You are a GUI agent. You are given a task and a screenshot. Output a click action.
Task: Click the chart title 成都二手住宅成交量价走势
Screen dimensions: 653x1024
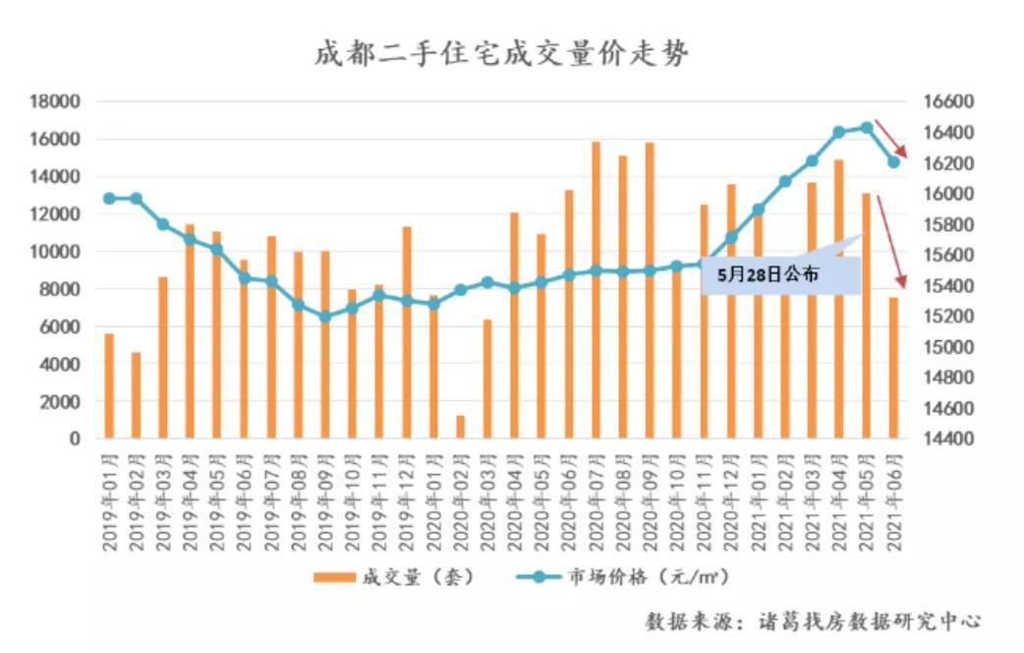coord(501,53)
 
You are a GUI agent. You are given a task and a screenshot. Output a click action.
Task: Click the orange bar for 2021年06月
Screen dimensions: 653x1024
coord(893,368)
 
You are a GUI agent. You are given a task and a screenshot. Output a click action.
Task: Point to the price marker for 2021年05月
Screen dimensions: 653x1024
coord(867,127)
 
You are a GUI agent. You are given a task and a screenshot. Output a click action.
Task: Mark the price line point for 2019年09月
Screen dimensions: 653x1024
coord(325,317)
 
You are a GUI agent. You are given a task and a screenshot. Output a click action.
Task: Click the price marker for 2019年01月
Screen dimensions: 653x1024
coord(109,199)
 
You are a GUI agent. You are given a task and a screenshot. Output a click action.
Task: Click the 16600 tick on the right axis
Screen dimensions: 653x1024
coord(946,101)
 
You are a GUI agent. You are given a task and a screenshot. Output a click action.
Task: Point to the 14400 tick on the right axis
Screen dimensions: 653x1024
coord(946,439)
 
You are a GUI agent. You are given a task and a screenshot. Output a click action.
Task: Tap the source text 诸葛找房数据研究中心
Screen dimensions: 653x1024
coord(870,622)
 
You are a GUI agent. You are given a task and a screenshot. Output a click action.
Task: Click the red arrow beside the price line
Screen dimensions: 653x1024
coord(895,139)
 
